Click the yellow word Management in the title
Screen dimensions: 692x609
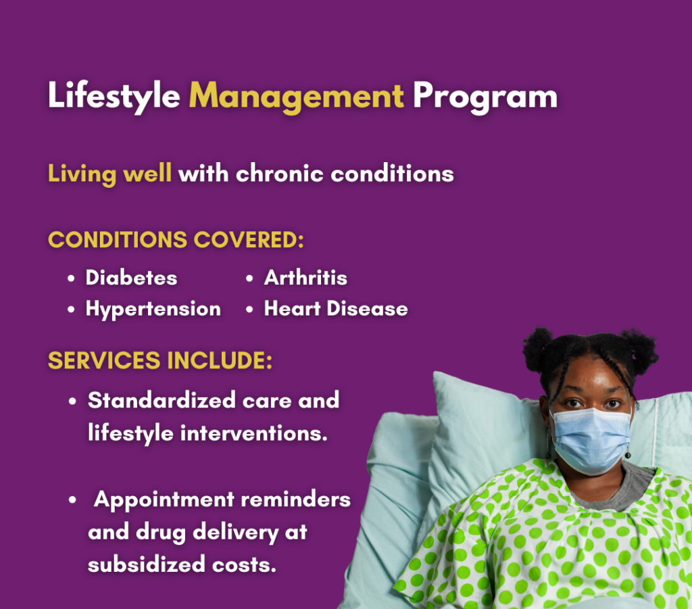tap(296, 96)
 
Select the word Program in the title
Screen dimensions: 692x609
tap(485, 96)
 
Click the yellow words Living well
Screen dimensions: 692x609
tap(109, 174)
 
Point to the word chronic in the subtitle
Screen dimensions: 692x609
tap(280, 173)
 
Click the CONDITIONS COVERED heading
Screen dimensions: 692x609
tap(176, 240)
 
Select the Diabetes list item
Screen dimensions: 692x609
tap(131, 278)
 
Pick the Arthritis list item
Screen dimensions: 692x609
tap(305, 278)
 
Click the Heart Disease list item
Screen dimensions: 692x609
tap(336, 308)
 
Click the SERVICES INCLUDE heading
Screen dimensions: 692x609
tap(160, 360)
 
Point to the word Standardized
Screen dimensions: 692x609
tap(162, 400)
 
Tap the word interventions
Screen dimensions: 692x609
tap(254, 433)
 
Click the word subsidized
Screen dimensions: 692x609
tap(147, 564)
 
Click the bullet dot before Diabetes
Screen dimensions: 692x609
tap(71, 279)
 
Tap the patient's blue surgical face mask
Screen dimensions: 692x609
tap(593, 439)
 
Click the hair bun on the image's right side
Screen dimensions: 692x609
tap(640, 351)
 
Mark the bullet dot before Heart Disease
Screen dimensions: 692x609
tap(249, 310)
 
